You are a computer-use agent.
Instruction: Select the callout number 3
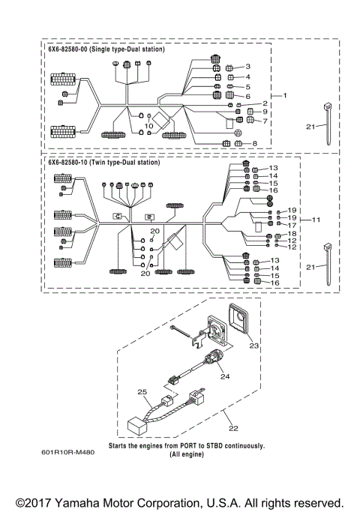247,67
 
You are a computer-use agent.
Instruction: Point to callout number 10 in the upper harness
148,126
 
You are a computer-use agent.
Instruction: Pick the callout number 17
292,225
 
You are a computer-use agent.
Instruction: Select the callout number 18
292,235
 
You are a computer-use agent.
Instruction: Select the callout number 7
265,121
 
